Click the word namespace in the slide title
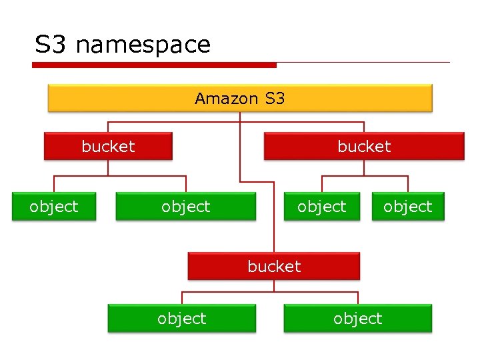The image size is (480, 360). tap(143, 45)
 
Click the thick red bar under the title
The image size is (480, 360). tap(153, 65)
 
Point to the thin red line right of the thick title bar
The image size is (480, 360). tap(363, 63)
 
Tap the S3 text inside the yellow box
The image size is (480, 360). tap(275, 99)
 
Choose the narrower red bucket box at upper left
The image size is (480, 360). tap(108, 146)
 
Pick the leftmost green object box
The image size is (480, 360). tap(53, 207)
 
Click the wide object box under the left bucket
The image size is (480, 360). tap(185, 207)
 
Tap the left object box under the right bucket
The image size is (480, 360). tap(322, 207)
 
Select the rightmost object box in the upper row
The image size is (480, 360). tap(408, 207)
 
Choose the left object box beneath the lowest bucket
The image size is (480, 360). tap(181, 319)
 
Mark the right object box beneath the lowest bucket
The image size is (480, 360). tap(358, 319)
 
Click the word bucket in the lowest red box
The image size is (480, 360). tap(274, 266)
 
